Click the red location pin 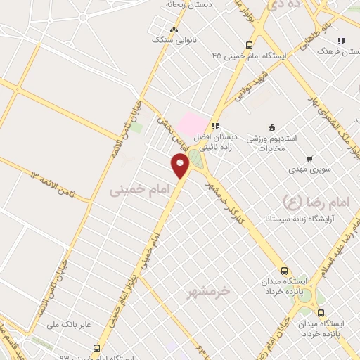pos(181,166)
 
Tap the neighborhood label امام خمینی pos(135,189)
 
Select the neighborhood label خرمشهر pos(210,290)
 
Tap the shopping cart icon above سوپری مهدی pos(309,158)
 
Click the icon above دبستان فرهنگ pos(341,41)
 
